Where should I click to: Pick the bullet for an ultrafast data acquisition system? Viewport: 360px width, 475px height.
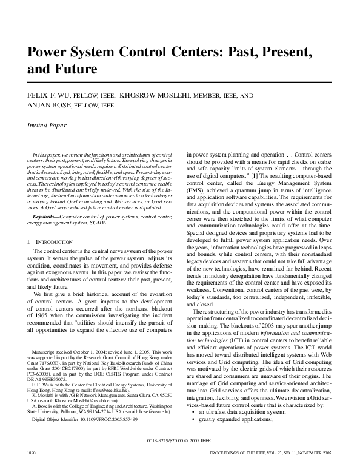pyautogui.click(x=236, y=427)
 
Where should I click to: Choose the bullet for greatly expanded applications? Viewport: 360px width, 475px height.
pyautogui.click(x=228, y=434)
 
